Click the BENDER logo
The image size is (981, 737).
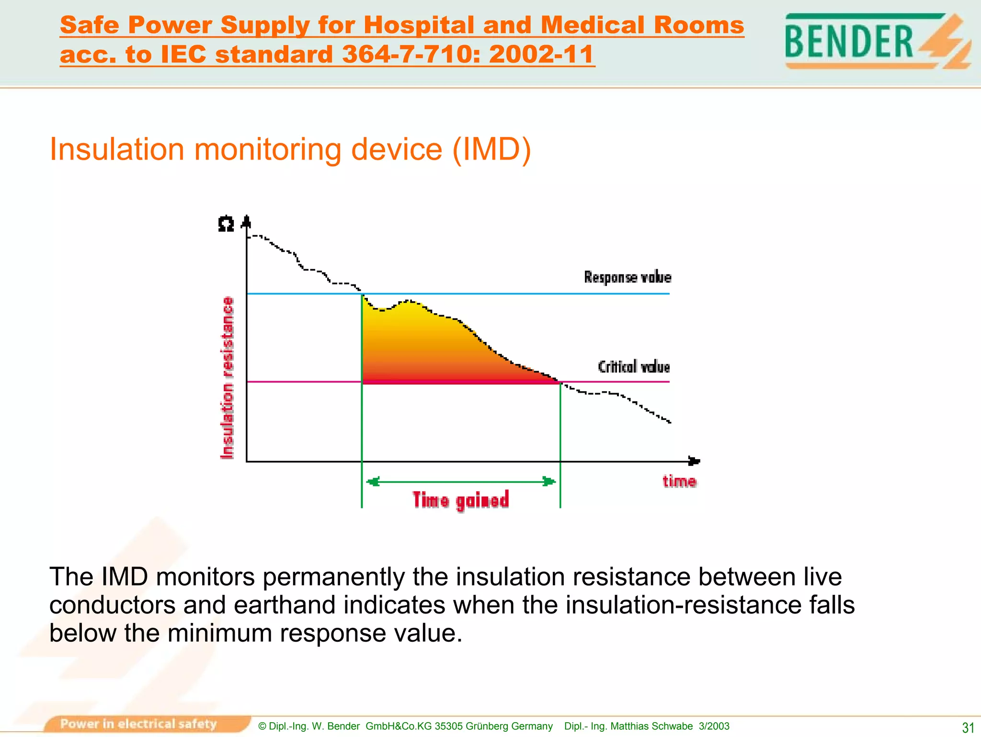pos(877,41)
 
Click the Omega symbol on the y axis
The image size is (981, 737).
pos(226,224)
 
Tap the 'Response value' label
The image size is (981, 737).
pos(627,277)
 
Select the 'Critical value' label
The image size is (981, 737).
pos(634,367)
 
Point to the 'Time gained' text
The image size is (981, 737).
pos(460,500)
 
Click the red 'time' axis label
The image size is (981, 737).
pos(679,481)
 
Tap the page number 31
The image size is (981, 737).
pos(968,727)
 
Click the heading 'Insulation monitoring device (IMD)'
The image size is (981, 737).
pos(290,149)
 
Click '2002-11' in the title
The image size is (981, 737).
pos(541,54)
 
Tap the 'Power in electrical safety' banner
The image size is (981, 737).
pos(139,724)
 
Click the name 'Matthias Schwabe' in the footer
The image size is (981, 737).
pos(651,726)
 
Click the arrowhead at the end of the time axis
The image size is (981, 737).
pos(694,461)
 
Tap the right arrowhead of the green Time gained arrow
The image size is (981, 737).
pos(549,482)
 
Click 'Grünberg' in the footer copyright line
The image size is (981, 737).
pos(486,726)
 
